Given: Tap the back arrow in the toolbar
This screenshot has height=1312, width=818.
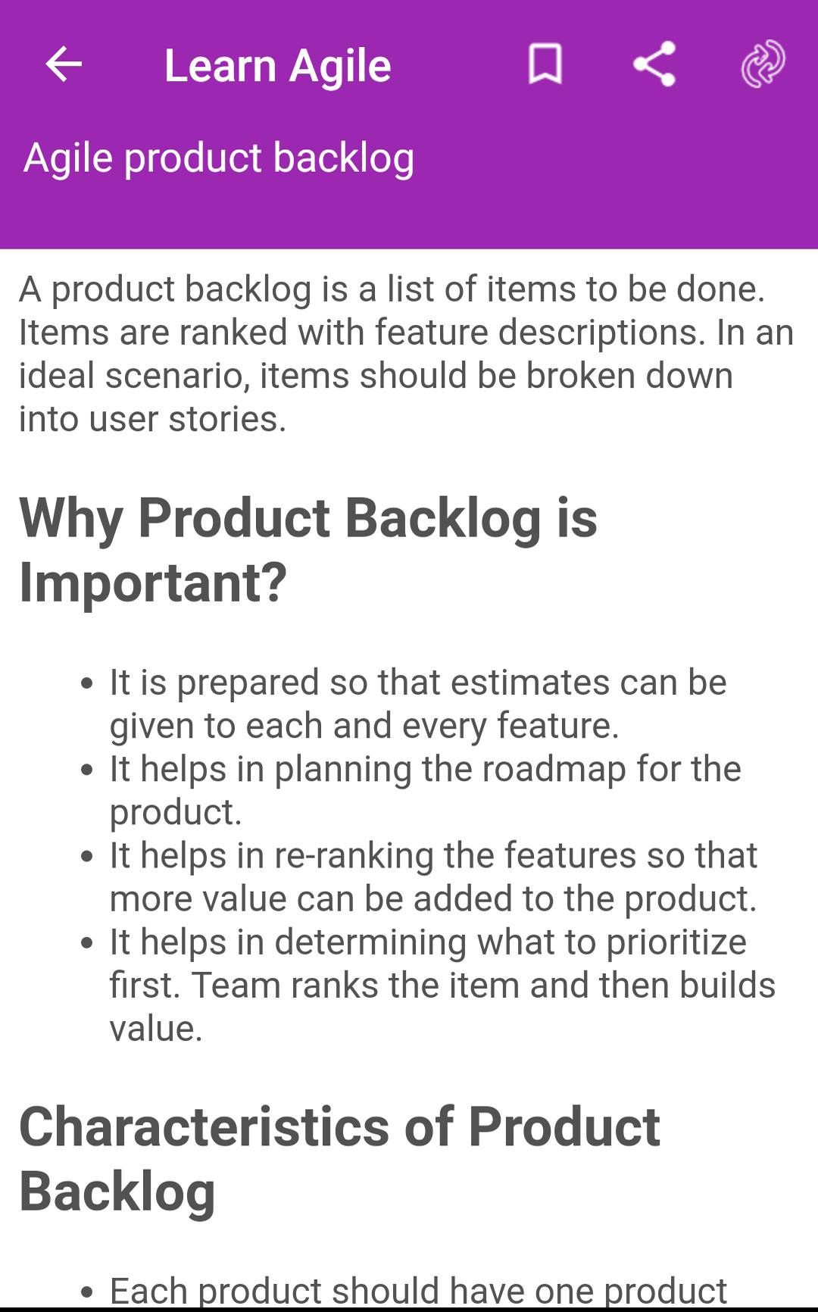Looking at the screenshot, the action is coord(64,64).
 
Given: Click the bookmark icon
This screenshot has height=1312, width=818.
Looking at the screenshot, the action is coord(545,64).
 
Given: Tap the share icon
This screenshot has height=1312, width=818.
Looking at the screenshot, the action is coord(654,64).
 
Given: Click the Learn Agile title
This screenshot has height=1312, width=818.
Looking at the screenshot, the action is coord(278,66).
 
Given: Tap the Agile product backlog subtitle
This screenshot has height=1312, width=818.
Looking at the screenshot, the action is coord(219,158).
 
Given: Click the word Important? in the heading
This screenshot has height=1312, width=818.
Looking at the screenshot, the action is coord(153,583).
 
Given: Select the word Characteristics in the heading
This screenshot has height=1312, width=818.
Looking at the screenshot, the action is coord(204,1126).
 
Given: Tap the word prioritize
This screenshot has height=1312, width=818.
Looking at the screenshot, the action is coord(676,942).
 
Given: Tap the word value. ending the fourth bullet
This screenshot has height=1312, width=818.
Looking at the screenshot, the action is coord(156,1029).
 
